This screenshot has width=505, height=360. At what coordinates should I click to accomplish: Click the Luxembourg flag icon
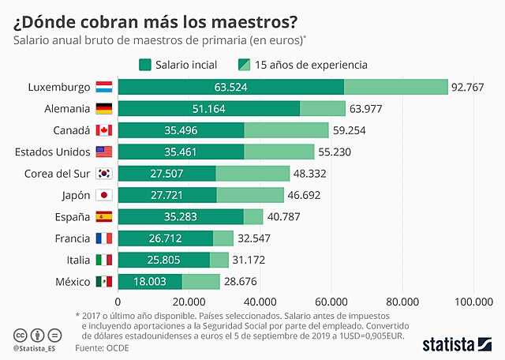pyautogui.click(x=104, y=87)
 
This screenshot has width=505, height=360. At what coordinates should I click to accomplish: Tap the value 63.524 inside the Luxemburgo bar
pyautogui.click(x=230, y=87)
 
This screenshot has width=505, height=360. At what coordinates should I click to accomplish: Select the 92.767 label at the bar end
pyautogui.click(x=467, y=87)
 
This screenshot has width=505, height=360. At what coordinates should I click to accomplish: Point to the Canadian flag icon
pyautogui.click(x=104, y=130)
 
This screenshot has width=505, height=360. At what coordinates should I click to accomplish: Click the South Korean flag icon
pyautogui.click(x=104, y=174)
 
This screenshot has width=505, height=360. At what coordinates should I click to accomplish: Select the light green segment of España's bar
pyautogui.click(x=253, y=216)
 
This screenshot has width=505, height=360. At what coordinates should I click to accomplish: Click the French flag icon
pyautogui.click(x=104, y=238)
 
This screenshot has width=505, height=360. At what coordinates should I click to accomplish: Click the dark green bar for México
pyautogui.click(x=150, y=281)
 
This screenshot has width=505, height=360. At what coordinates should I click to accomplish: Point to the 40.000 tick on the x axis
pyautogui.click(x=260, y=301)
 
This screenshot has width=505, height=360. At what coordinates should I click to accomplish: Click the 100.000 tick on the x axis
pyautogui.click(x=474, y=301)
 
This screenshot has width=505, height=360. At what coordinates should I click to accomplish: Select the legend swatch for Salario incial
pyautogui.click(x=145, y=65)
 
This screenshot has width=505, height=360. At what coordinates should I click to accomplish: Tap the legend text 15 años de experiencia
pyautogui.click(x=311, y=65)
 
